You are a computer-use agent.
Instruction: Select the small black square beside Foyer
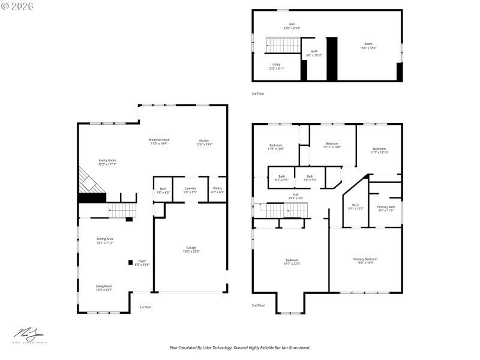click(130, 262)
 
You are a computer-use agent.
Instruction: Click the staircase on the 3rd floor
click(278, 44)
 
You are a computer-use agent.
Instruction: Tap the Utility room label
click(276, 66)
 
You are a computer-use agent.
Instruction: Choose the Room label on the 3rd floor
click(368, 46)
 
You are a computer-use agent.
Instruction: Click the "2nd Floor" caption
click(258, 305)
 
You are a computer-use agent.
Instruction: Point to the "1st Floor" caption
click(145, 307)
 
